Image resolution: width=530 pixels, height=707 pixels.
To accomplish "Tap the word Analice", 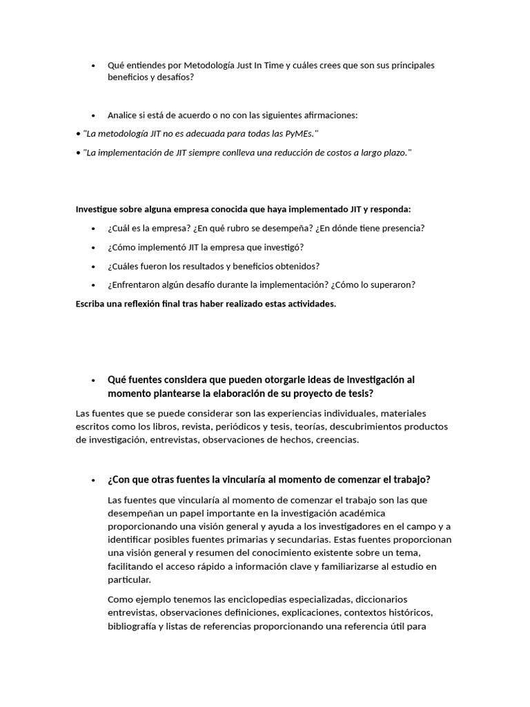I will coord(124,115).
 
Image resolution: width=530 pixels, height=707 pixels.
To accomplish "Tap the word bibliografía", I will coord(134,626).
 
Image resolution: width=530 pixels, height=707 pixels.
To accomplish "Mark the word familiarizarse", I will coord(359,567).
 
